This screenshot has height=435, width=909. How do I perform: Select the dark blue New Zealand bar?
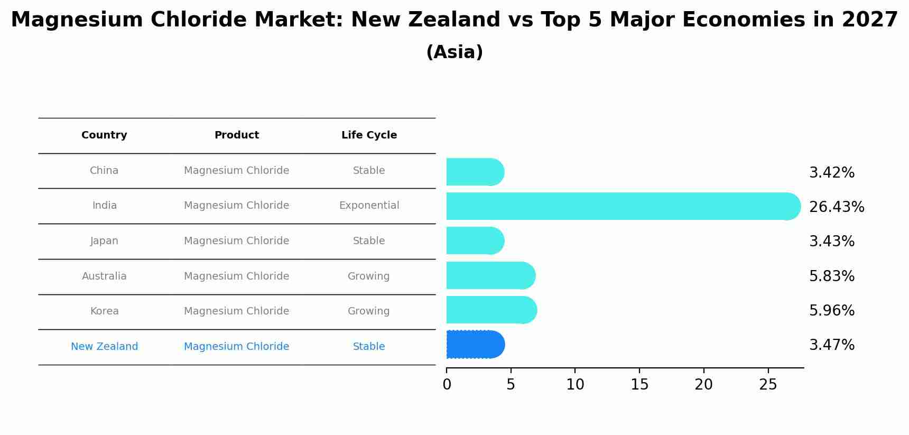click(x=475, y=345)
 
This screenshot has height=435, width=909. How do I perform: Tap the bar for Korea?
click(x=491, y=310)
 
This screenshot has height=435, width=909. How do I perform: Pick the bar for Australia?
click(x=490, y=275)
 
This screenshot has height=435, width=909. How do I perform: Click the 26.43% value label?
click(x=836, y=207)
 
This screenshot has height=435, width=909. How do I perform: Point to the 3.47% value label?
click(x=831, y=345)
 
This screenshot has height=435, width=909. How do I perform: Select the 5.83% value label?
click(x=831, y=276)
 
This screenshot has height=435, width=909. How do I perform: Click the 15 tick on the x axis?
click(x=639, y=385)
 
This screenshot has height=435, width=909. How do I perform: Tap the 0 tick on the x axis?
click(x=447, y=385)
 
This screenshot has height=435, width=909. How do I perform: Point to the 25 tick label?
click(x=768, y=385)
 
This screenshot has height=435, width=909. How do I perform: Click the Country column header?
click(x=104, y=135)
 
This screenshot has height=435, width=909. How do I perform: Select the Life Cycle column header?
click(x=369, y=135)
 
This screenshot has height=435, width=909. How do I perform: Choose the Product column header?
click(x=236, y=135)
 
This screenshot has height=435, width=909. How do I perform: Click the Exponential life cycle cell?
click(x=369, y=206)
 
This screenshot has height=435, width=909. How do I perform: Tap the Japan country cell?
click(x=104, y=241)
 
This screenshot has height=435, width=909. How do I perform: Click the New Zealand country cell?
click(x=104, y=347)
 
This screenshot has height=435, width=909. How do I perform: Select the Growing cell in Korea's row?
click(x=368, y=311)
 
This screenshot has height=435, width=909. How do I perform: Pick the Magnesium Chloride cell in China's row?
click(x=236, y=171)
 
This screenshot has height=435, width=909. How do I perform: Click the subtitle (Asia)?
click(x=454, y=52)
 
